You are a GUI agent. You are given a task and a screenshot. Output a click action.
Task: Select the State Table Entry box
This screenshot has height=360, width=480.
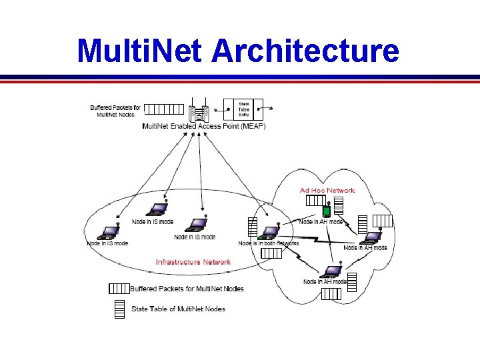pos(245,109)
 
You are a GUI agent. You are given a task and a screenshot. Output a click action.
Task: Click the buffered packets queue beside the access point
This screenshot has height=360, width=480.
pos(164,109)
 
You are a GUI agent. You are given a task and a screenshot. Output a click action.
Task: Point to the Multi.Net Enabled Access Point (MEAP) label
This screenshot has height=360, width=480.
pos(203,127)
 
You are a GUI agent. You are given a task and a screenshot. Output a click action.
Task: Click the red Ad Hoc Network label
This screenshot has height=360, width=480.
pos(327,191)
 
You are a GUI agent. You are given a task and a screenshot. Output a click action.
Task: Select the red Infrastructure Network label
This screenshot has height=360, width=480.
pos(193,262)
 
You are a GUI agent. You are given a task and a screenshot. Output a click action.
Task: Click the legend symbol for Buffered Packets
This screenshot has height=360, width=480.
pos(118,289)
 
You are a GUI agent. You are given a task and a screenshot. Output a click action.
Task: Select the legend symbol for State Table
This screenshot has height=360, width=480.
pos(119,308)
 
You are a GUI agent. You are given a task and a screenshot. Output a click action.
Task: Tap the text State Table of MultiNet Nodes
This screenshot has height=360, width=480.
pos(178,309)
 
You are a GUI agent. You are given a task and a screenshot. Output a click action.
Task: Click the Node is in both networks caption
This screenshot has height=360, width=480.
pos(269,243)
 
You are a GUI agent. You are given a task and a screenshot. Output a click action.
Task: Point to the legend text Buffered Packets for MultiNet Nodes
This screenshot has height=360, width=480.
pos(187,289)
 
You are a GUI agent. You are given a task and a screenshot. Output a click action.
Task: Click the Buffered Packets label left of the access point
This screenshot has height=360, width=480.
pos(115,110)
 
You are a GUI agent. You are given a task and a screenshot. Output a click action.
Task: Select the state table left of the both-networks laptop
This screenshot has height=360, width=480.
pos(252,227)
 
